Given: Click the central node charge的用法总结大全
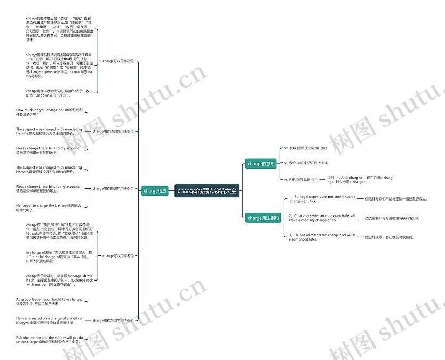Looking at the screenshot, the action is [207, 190].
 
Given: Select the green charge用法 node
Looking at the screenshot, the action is [155, 190].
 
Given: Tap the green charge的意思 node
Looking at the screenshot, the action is [261, 164].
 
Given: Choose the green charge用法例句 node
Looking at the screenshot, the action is [263, 218].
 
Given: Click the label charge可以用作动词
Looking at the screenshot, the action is [118, 61].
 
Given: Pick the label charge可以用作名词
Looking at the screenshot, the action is [118, 256].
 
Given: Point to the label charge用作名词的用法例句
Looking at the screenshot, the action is [113, 321].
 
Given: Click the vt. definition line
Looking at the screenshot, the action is [306, 148].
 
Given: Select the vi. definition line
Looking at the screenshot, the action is [306, 162].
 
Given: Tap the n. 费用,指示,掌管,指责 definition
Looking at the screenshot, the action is [301, 180].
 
